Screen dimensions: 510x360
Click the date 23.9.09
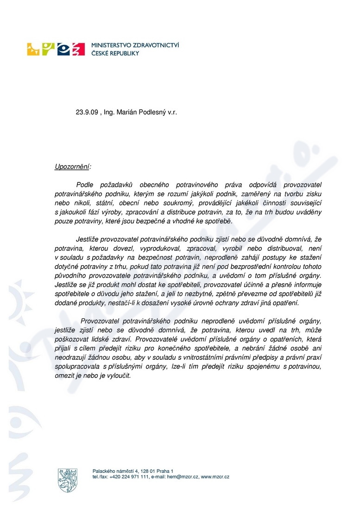87,112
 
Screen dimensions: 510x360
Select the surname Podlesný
156,112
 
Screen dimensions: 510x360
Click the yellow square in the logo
34,50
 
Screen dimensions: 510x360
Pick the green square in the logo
49,50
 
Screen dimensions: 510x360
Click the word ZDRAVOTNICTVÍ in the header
155,45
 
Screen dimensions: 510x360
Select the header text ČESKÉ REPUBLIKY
115,53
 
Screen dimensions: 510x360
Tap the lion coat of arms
67,480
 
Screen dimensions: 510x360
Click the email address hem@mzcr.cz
183,477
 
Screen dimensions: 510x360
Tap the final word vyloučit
120,376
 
